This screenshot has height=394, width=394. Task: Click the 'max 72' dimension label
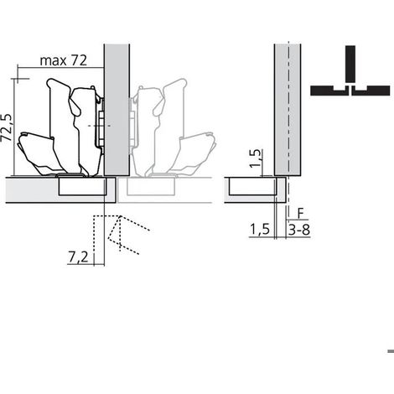[x=64, y=60]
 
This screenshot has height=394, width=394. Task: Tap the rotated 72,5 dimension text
[x=7, y=127]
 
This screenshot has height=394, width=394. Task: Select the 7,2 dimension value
[x=78, y=257]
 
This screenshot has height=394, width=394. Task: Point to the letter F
[x=300, y=214]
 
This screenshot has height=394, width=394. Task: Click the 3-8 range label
[x=299, y=230]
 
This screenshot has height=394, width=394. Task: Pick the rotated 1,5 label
[x=256, y=158]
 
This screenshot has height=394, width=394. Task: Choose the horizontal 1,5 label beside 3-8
[x=260, y=230]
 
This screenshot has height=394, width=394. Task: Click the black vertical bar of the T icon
[x=350, y=64]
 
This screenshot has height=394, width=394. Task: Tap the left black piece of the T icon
[x=329, y=91]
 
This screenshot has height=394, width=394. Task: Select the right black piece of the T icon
[x=371, y=91]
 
